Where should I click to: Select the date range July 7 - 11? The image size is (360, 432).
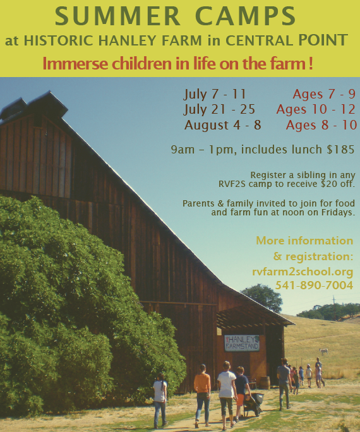215,94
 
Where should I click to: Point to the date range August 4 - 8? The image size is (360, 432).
222,125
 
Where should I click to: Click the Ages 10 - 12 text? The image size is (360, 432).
316,109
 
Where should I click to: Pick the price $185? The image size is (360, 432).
340,149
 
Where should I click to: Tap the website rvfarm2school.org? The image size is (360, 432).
303,272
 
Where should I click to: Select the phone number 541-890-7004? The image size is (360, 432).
314,285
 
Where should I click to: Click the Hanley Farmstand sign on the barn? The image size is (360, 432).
242,343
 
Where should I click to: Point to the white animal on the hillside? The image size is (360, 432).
324,351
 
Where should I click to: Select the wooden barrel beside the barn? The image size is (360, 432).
265,383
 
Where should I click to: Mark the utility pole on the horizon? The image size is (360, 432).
334,307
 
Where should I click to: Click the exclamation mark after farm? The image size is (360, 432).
311,63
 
